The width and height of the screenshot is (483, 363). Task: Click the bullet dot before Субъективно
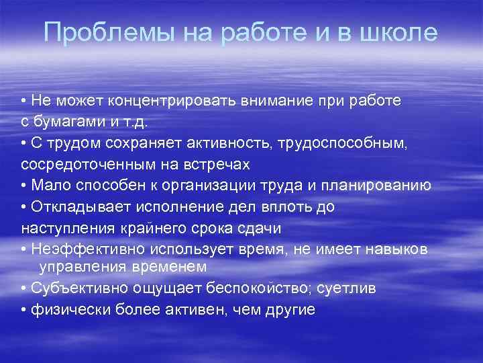coord(24,288)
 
